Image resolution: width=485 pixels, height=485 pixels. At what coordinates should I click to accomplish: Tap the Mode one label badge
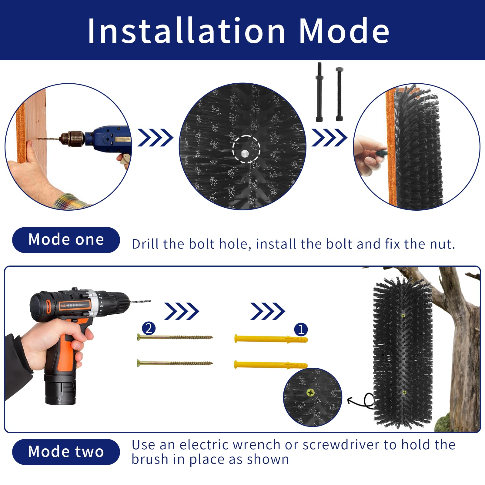click(66, 240)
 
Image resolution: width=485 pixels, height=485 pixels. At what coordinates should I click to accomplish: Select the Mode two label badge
click(66, 452)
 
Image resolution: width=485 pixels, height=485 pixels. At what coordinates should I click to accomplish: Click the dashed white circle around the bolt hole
click(246, 149)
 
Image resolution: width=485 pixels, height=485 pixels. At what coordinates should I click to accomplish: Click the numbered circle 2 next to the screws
click(149, 328)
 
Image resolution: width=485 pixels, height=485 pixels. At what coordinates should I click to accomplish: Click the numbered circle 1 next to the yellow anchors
click(301, 329)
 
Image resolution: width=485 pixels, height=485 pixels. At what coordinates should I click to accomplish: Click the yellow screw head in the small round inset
click(311, 393)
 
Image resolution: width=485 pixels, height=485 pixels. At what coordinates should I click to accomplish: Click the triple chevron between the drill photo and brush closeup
click(155, 138)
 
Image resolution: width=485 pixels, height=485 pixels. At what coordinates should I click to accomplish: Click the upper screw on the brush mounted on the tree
click(403, 316)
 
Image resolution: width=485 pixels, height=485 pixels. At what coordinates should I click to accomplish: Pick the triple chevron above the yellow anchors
click(267, 311)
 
